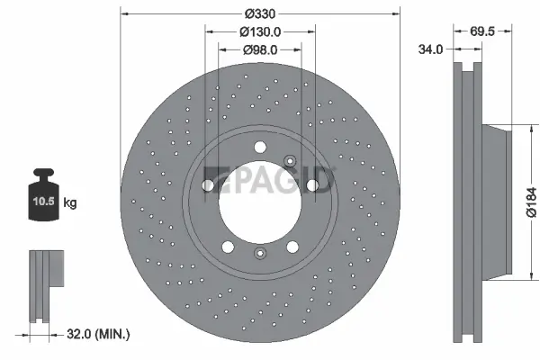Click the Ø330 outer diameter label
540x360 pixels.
(x=259, y=13)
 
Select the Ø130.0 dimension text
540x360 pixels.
(x=260, y=31)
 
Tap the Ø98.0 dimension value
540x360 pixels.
(x=260, y=49)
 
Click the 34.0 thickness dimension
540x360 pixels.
(x=432, y=49)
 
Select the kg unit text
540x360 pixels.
(x=71, y=203)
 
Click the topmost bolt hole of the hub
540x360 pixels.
(x=260, y=148)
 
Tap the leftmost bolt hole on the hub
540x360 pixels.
(x=209, y=185)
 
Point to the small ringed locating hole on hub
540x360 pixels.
(x=291, y=162)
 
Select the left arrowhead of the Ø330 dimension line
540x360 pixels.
(x=124, y=13)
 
